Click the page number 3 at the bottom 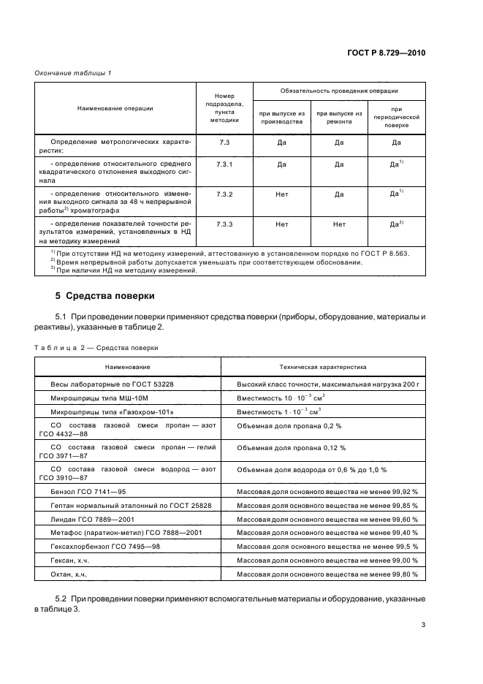point(423,624)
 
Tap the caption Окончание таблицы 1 point(73,73)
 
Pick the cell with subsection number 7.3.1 point(224,165)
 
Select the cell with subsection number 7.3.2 point(224,195)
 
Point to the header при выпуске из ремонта point(339,118)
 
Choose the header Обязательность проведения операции point(339,91)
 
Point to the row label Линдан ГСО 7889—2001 point(87,518)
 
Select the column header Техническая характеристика point(323,366)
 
